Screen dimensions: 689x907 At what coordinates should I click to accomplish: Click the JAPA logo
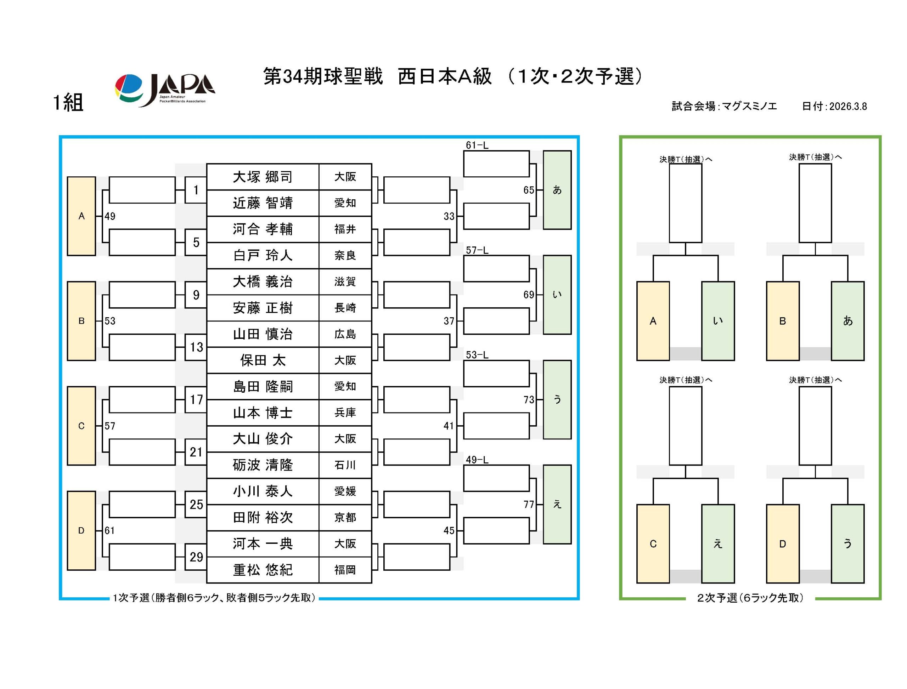click(164, 90)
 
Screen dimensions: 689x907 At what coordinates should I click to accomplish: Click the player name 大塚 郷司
click(263, 177)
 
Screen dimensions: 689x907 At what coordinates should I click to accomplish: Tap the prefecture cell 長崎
click(345, 308)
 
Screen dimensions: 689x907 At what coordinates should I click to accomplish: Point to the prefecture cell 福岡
click(345, 570)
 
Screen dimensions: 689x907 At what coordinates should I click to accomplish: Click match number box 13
click(196, 347)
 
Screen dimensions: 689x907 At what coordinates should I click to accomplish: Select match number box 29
click(196, 557)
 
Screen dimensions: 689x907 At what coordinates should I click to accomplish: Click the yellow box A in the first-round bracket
click(81, 216)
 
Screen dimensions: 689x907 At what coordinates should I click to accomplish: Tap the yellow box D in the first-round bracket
click(81, 531)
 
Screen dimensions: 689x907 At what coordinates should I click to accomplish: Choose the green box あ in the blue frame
click(557, 190)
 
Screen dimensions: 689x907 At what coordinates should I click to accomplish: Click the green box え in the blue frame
click(557, 505)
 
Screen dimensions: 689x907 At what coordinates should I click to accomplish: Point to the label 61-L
click(477, 145)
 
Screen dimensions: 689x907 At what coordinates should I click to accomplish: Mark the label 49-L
click(477, 460)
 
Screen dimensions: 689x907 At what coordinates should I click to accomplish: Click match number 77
click(529, 505)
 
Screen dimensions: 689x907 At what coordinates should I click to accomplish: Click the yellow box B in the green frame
click(782, 321)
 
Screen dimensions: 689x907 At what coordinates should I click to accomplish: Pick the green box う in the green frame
click(847, 544)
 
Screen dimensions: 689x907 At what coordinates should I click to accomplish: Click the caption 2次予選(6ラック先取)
click(750, 598)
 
